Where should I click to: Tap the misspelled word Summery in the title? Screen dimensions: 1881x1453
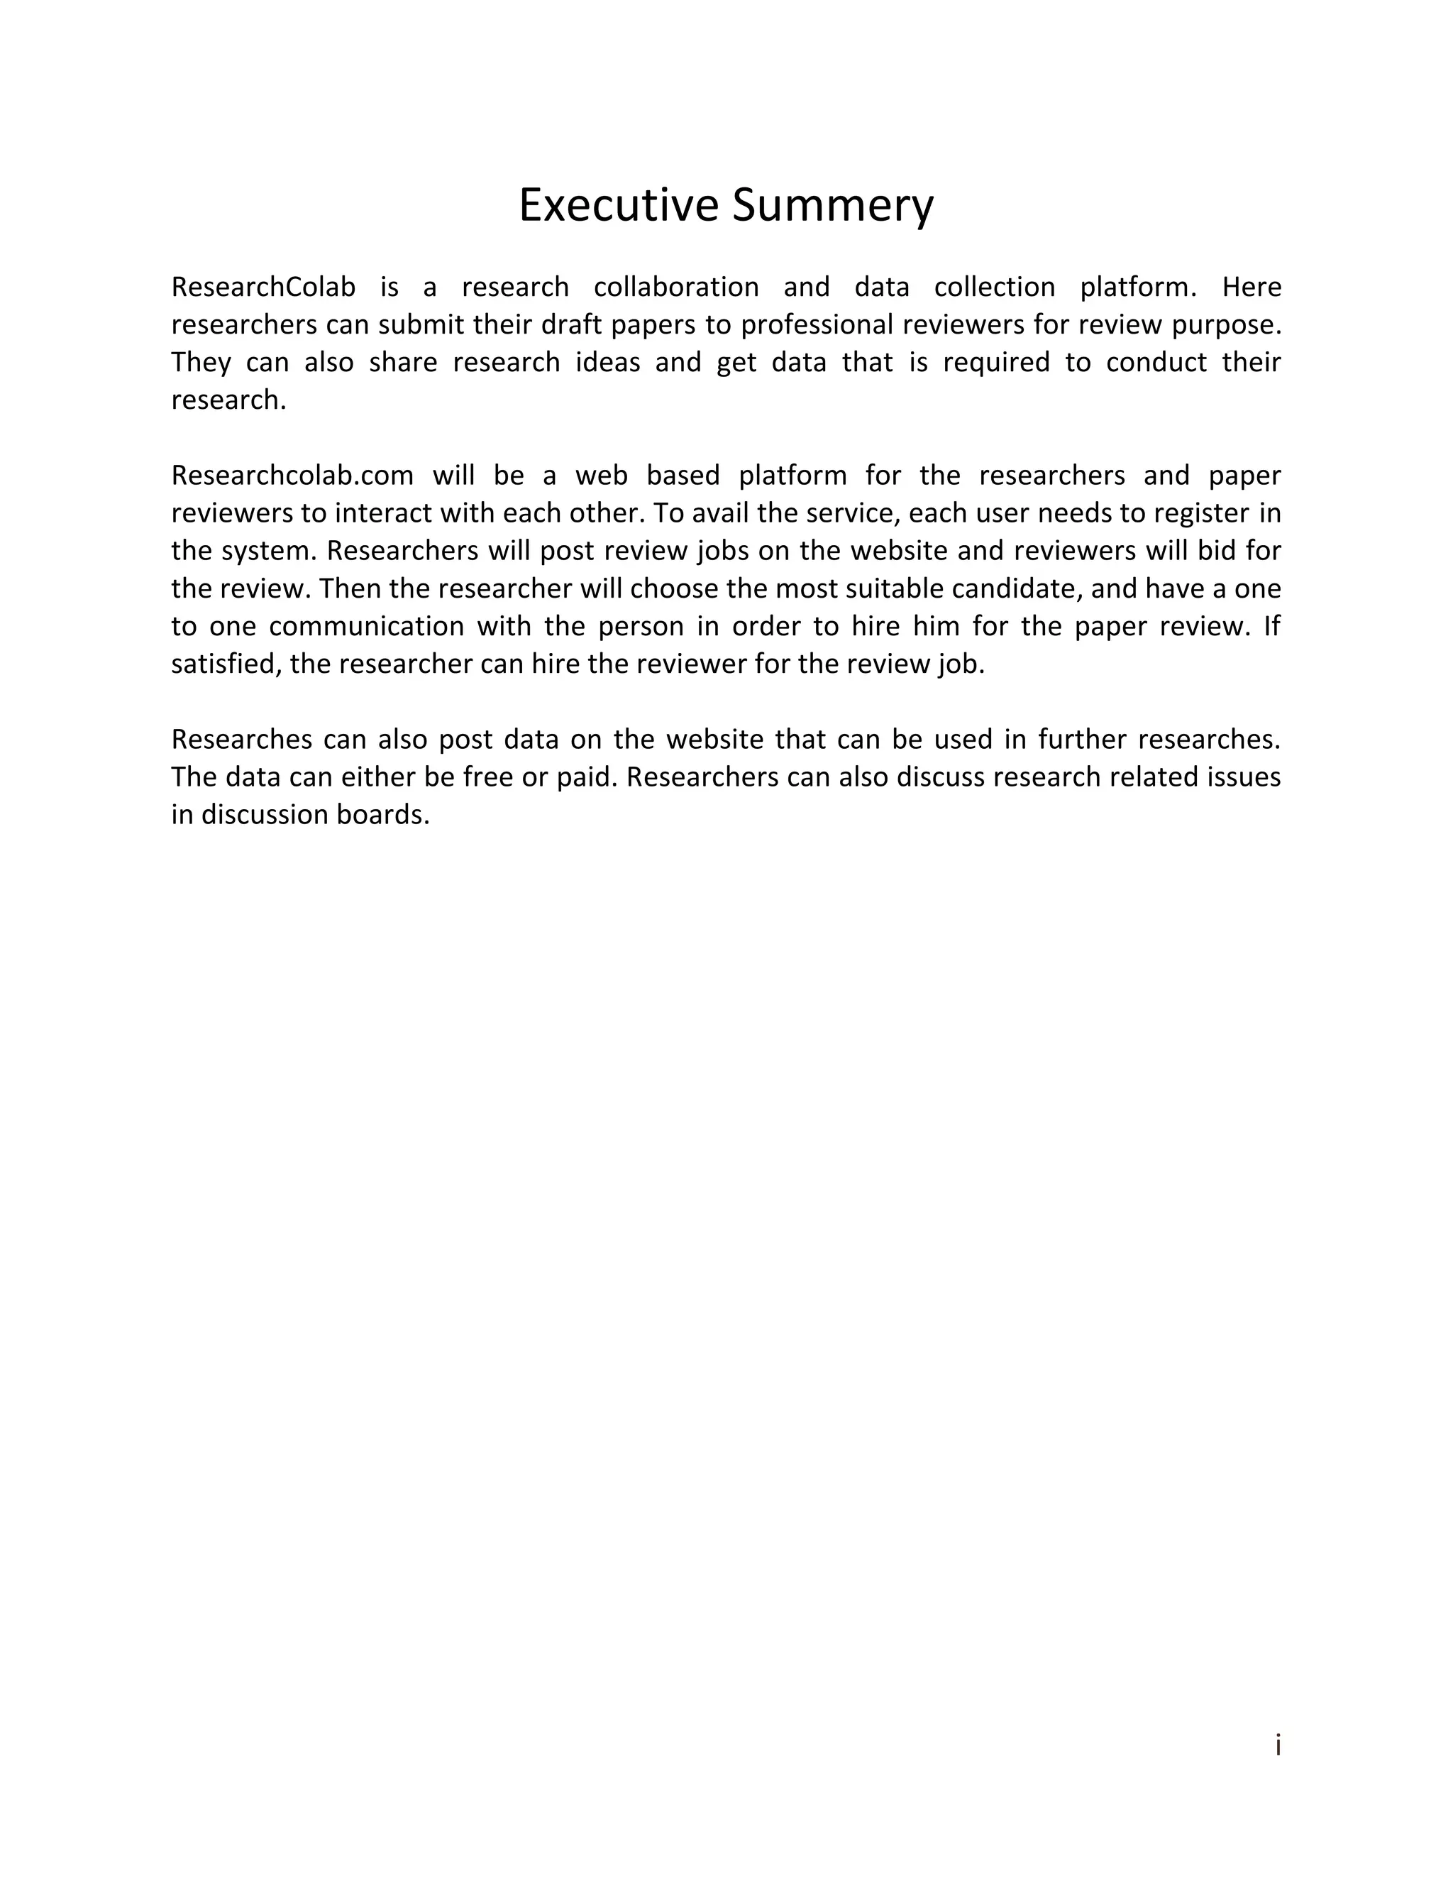click(832, 206)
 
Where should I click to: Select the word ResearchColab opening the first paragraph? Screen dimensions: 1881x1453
click(263, 287)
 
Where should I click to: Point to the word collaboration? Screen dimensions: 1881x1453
click(675, 287)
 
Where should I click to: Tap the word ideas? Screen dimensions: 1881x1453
click(608, 362)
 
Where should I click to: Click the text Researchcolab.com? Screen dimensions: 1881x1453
click(292, 476)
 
